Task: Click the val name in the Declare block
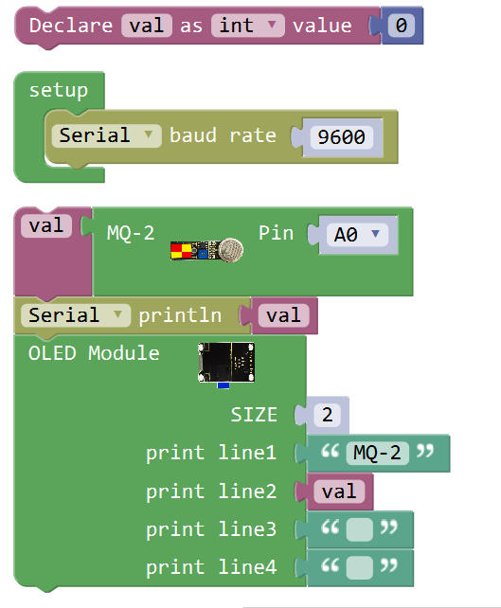click(x=147, y=26)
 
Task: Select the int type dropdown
click(x=248, y=26)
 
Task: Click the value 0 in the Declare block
click(x=402, y=26)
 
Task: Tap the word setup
click(x=59, y=91)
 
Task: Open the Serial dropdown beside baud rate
click(x=107, y=135)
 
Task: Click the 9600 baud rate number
click(x=341, y=137)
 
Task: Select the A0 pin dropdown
click(x=357, y=235)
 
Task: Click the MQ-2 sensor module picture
click(x=206, y=250)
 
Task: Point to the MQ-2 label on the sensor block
click(x=131, y=233)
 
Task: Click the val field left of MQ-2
click(x=46, y=225)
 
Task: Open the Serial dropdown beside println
click(x=76, y=315)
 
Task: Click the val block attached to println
click(x=284, y=315)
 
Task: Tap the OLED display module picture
click(x=226, y=364)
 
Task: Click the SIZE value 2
click(x=328, y=415)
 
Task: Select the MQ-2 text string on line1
click(x=377, y=453)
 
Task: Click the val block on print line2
click(x=339, y=492)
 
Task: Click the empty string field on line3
click(x=360, y=529)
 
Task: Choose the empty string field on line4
click(x=360, y=567)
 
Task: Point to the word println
click(x=180, y=315)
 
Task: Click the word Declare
click(x=71, y=26)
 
